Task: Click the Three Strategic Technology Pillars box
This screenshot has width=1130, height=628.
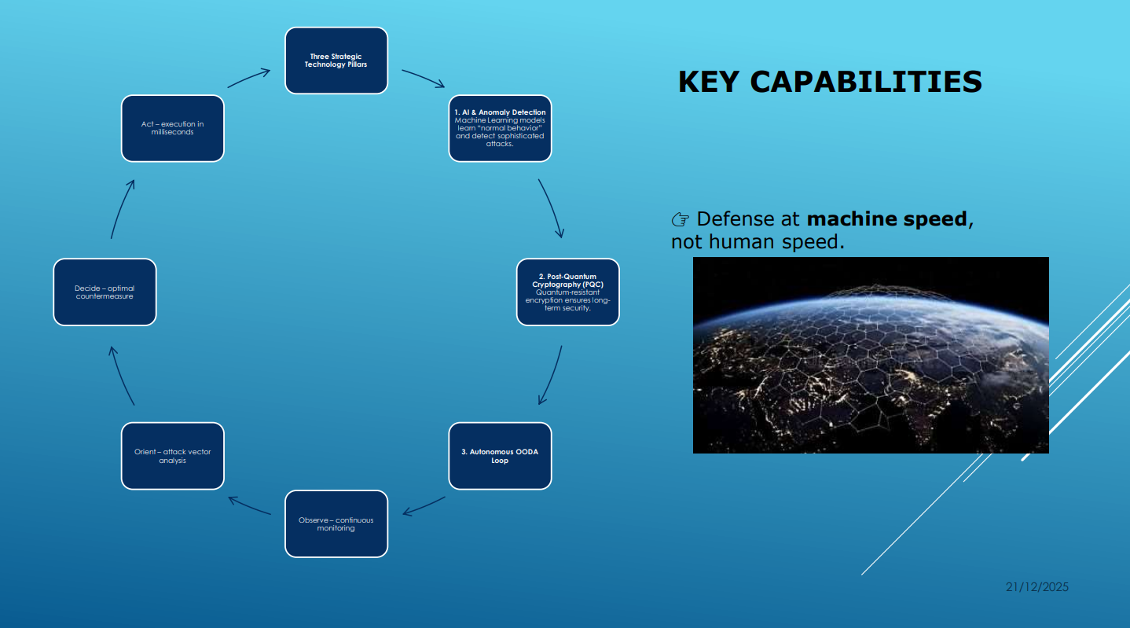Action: click(336, 61)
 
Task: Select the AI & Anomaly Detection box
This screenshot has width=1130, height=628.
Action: click(500, 129)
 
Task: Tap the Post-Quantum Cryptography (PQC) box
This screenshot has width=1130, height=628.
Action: click(568, 292)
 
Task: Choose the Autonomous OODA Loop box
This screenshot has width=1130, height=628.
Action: click(500, 456)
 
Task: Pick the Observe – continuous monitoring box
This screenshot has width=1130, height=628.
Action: click(336, 523)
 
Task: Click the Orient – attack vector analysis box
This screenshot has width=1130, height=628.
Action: click(173, 456)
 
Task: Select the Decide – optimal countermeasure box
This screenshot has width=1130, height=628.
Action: click(105, 292)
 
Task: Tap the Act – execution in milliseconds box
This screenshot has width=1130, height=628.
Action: click(173, 129)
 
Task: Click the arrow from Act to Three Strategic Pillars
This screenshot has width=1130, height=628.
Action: click(248, 78)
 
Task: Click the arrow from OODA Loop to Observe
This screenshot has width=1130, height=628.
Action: click(424, 506)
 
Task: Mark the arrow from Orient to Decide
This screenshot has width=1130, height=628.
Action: click(120, 375)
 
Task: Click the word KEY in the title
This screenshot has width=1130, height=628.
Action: click(709, 82)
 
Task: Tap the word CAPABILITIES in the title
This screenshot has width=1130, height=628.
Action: click(866, 82)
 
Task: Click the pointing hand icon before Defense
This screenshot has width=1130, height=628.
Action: click(681, 219)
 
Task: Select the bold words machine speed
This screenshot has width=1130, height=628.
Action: click(887, 219)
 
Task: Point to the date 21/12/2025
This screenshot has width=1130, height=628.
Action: click(1037, 587)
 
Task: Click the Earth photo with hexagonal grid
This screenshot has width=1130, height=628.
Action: click(871, 355)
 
